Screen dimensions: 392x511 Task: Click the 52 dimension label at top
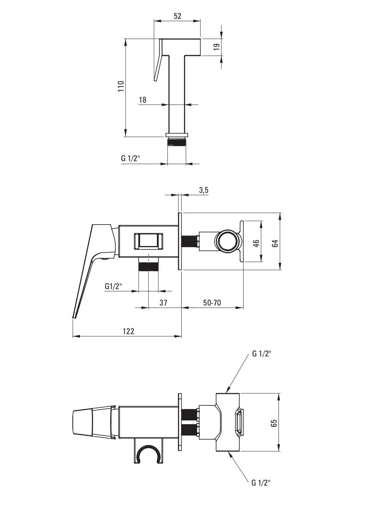click(178, 16)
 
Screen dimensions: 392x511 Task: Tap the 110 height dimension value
click(121, 86)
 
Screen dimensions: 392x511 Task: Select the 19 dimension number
click(217, 46)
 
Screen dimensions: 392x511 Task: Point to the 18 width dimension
click(142, 100)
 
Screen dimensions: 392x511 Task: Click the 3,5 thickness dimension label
click(204, 190)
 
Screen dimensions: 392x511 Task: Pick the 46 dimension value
click(256, 243)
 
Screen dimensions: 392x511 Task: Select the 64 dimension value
click(275, 243)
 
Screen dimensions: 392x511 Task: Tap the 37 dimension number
click(163, 302)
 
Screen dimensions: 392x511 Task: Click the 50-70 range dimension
click(212, 302)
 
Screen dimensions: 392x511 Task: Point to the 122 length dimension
click(129, 331)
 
